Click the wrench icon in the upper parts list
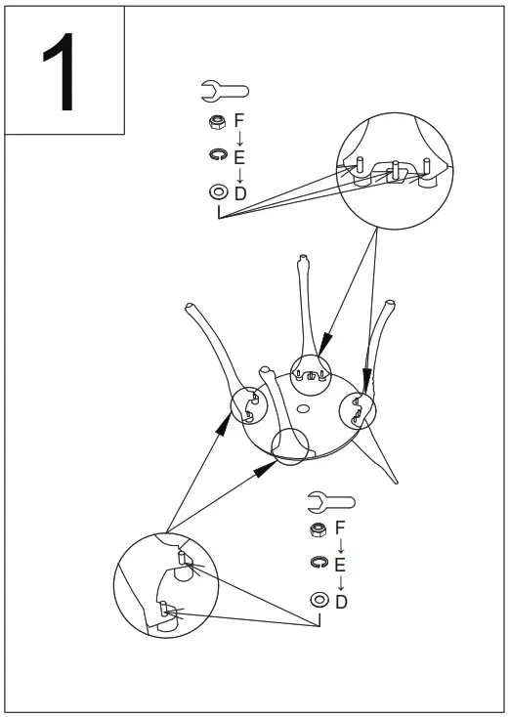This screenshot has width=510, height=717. (224, 92)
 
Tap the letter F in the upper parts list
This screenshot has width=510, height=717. (239, 120)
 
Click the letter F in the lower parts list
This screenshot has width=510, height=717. (340, 529)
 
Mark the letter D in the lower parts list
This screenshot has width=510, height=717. (341, 601)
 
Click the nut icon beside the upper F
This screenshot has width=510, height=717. (214, 121)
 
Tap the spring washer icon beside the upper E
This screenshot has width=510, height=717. (214, 154)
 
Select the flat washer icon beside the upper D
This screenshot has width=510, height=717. (215, 193)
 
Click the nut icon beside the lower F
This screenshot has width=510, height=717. (317, 529)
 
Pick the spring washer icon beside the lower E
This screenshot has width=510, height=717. (317, 564)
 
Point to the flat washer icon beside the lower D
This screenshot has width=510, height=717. (318, 600)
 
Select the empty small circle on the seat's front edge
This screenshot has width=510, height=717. (290, 444)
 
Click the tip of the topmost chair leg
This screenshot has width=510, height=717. (302, 258)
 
